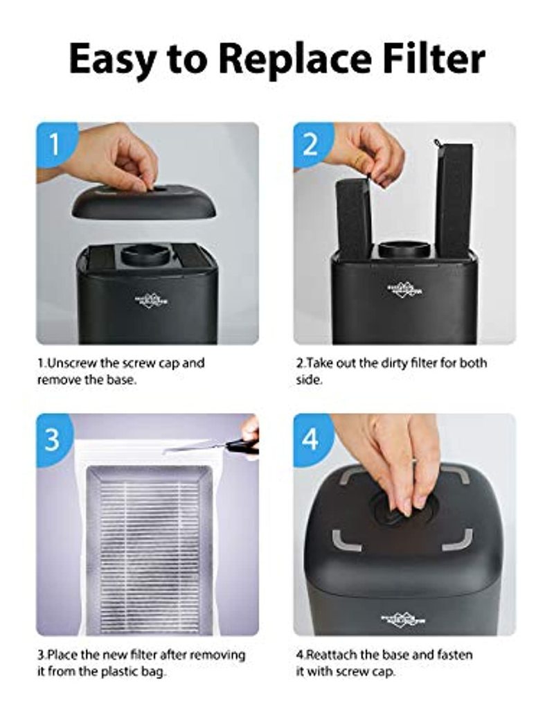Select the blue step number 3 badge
[x=53, y=439]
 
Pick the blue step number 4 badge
[x=310, y=439]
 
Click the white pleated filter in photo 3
[x=148, y=547]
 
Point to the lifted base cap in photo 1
[x=143, y=201]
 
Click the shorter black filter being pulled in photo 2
[x=354, y=218]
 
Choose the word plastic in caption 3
[x=131, y=671]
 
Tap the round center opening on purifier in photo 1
[x=146, y=254]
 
